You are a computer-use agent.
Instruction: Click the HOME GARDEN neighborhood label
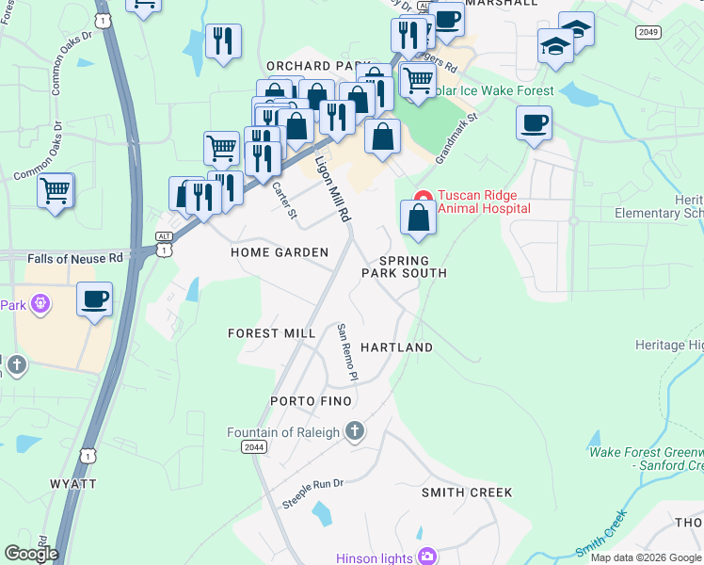tap(280, 252)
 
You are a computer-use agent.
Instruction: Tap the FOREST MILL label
tap(272, 333)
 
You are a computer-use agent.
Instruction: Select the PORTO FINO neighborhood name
tap(311, 401)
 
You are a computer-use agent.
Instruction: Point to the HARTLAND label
tap(398, 347)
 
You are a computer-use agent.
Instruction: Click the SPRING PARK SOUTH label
tap(404, 266)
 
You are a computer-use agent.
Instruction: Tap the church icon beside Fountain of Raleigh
tap(354, 432)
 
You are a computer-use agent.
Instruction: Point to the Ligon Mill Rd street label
tap(332, 187)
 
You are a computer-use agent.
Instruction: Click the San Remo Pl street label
tap(347, 353)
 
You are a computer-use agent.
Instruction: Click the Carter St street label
tap(283, 200)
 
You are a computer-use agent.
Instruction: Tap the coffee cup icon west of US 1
tap(94, 299)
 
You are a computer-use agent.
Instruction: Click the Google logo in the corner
tap(31, 553)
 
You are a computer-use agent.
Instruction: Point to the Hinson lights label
tap(376, 558)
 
